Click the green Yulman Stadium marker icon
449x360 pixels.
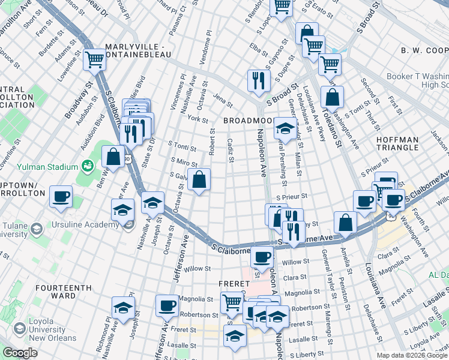point(88,165)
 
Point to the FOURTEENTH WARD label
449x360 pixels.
point(62,292)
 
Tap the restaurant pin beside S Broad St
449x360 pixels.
point(259,80)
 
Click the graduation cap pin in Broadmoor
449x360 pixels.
point(285,128)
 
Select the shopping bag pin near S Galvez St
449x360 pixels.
point(199,179)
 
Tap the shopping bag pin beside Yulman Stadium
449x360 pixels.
point(113,158)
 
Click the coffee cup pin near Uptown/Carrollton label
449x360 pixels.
point(61,196)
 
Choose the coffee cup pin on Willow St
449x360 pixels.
point(261,257)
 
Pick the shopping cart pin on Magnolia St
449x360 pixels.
point(231,302)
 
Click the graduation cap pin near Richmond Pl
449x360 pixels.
point(123,307)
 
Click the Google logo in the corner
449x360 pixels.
point(20,353)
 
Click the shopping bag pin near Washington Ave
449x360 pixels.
point(332,97)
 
